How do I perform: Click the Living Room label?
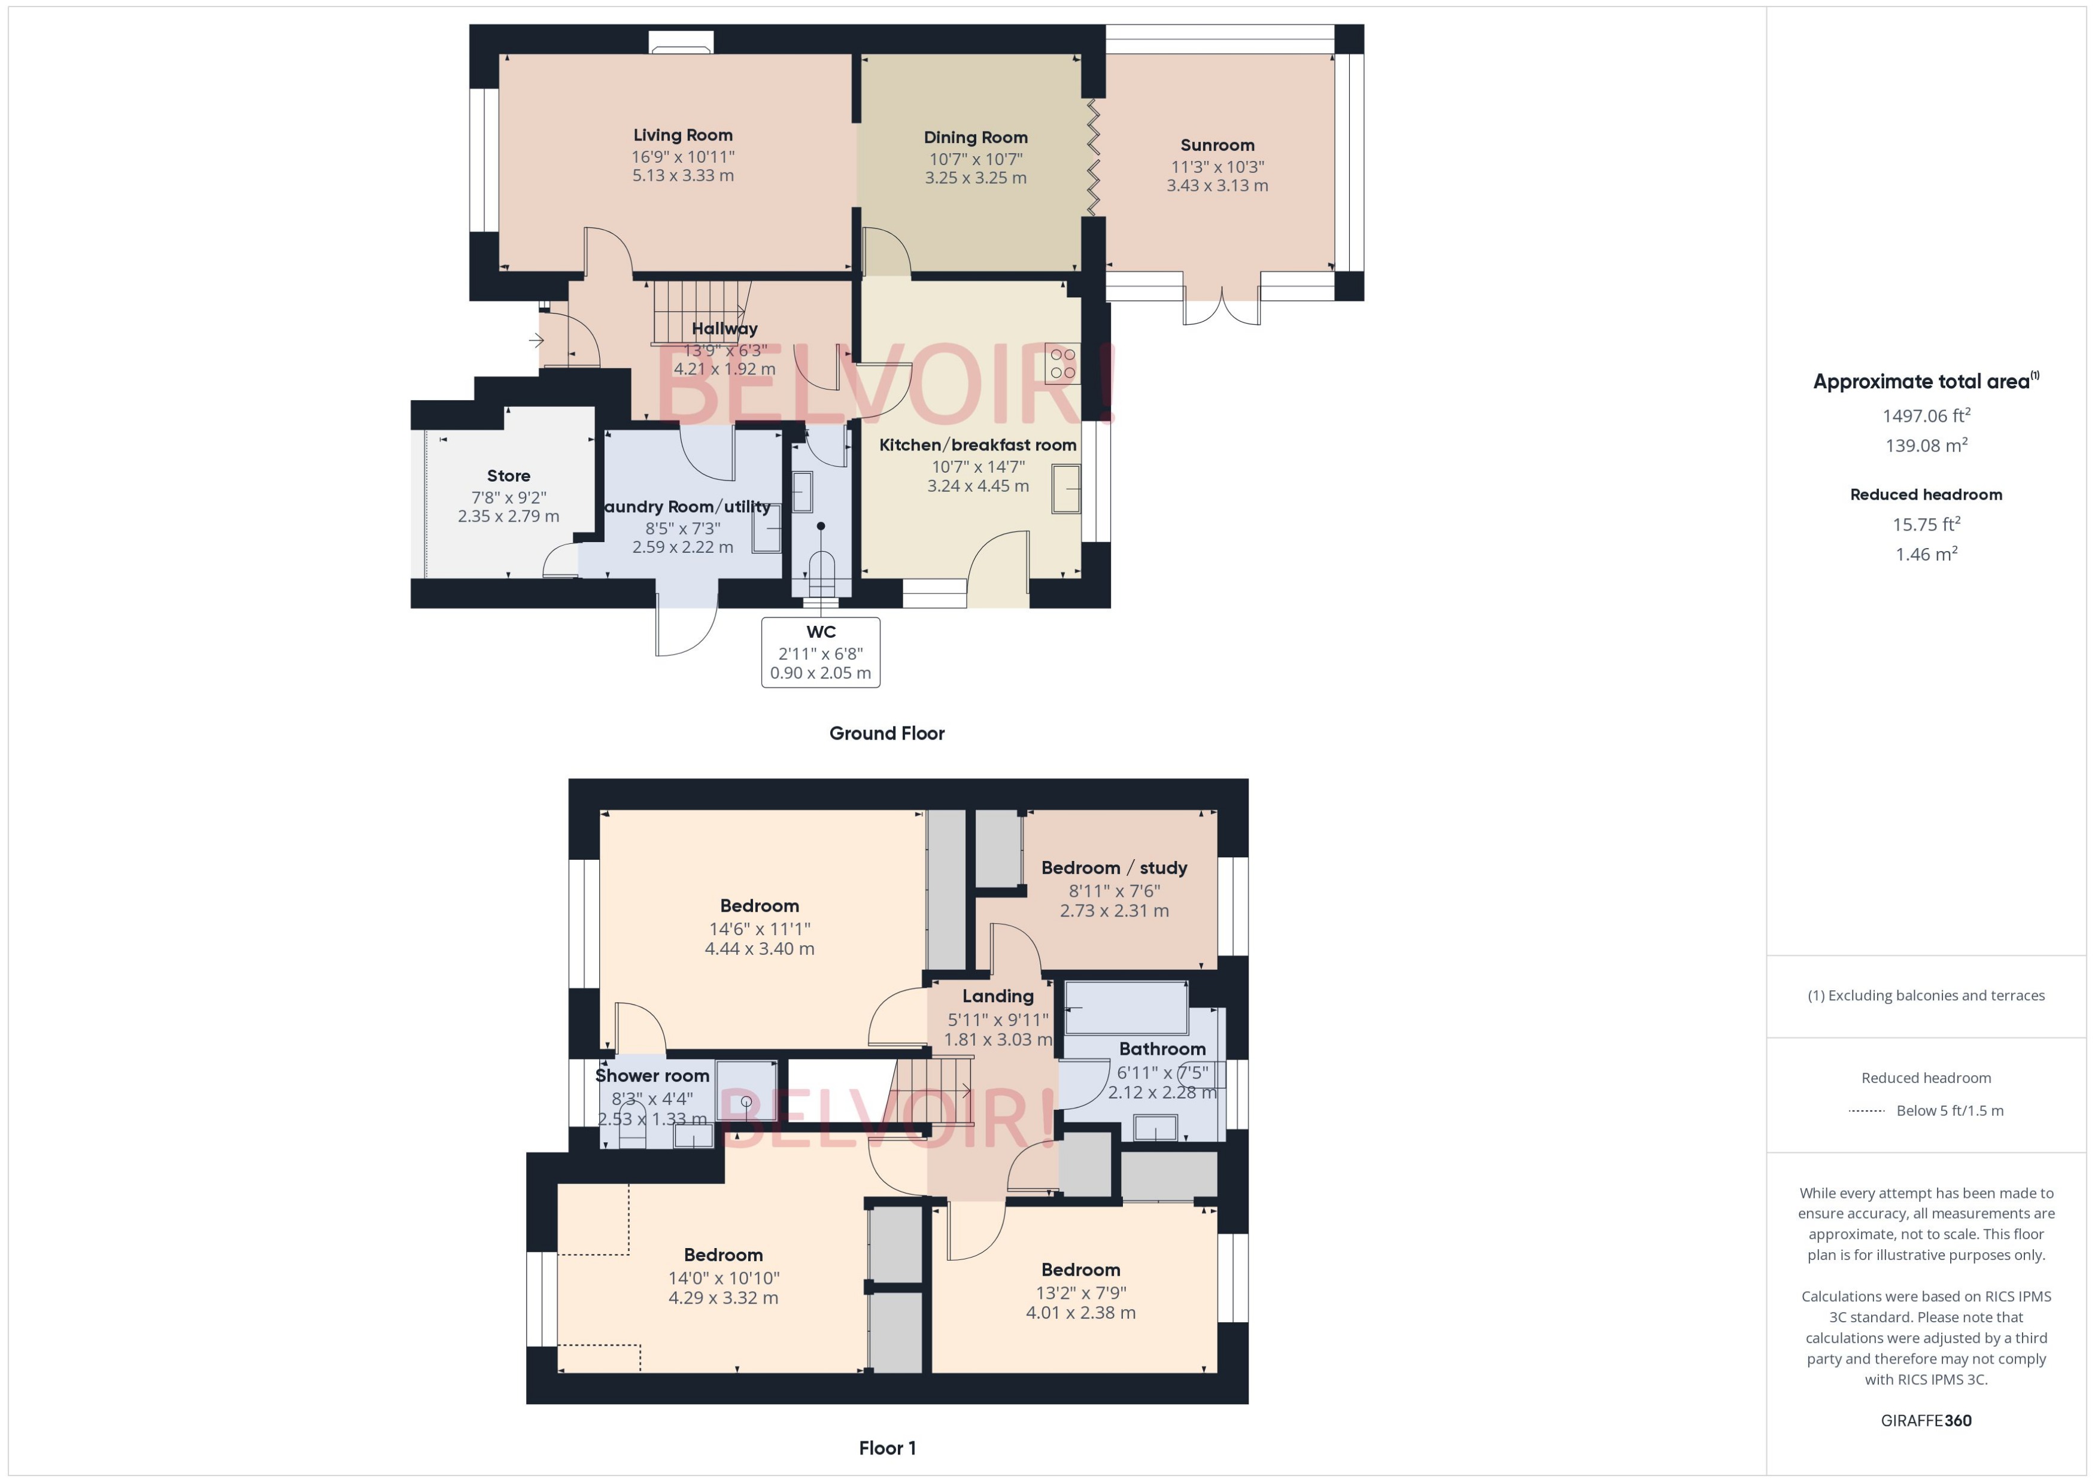tap(683, 135)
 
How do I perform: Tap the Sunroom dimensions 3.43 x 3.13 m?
tap(1217, 185)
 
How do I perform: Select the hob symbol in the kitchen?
tap(1062, 363)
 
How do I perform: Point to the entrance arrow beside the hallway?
tap(536, 340)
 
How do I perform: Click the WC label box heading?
tap(821, 631)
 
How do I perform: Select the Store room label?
tap(508, 476)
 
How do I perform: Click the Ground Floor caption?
tap(886, 733)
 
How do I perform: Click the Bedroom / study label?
tap(1114, 868)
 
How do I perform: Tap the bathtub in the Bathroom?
tap(1125, 1008)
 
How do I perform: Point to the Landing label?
tap(998, 997)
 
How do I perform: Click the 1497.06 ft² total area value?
tap(1926, 416)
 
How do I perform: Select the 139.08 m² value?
tap(1926, 445)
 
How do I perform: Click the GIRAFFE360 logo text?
tap(1926, 1421)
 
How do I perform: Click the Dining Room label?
tap(975, 138)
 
